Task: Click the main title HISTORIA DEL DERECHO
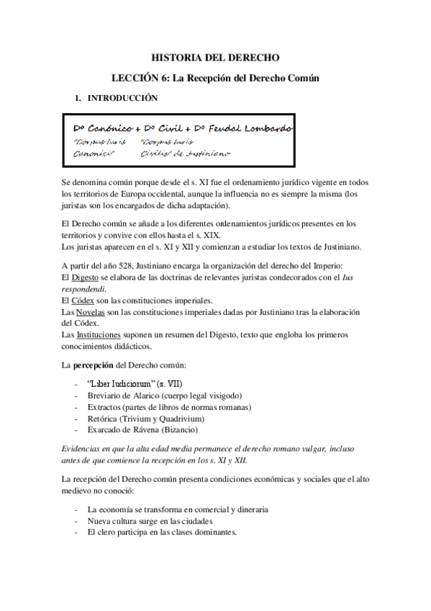tap(215, 56)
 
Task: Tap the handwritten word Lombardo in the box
tap(268, 128)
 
